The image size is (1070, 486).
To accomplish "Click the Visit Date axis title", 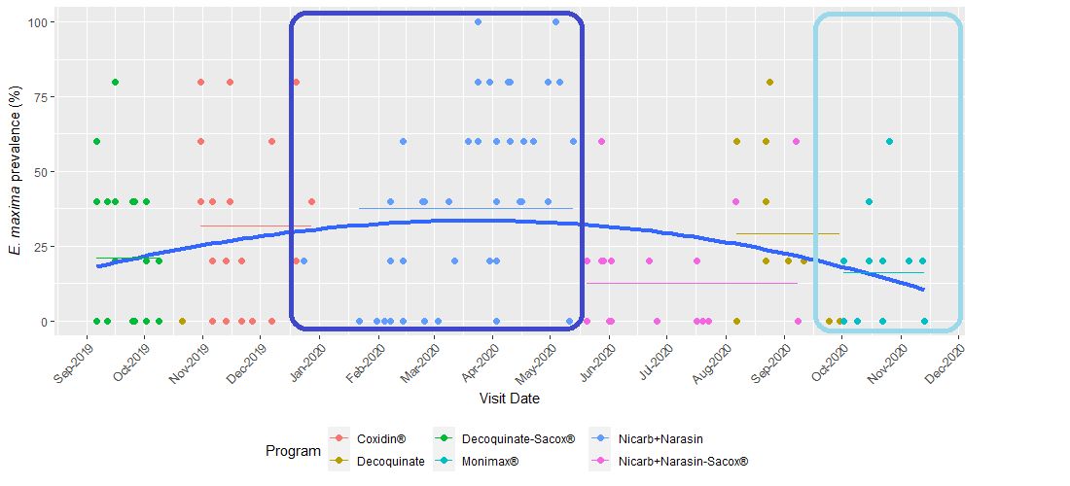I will (510, 399).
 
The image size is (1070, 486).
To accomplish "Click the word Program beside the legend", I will (293, 451).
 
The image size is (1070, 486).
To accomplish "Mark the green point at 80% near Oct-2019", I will (115, 82).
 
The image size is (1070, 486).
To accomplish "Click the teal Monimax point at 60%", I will (889, 142).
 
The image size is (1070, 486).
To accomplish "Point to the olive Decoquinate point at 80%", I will (769, 82).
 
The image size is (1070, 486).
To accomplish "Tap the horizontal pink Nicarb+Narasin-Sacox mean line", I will (692, 284).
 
